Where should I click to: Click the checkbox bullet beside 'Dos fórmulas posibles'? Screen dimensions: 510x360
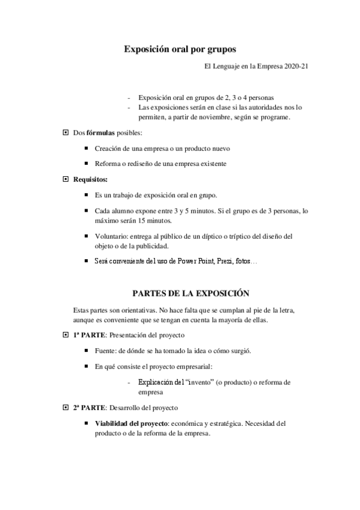pos(66,132)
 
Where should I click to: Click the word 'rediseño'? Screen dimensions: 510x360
pos(139,164)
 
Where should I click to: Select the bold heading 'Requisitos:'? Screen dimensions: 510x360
pos(91,179)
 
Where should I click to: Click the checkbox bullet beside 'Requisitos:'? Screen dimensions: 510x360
pos(66,179)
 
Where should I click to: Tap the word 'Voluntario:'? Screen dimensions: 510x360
pos(111,236)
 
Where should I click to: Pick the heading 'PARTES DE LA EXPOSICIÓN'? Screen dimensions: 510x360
pos(190,294)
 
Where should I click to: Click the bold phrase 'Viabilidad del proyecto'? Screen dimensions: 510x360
pos(131,423)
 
